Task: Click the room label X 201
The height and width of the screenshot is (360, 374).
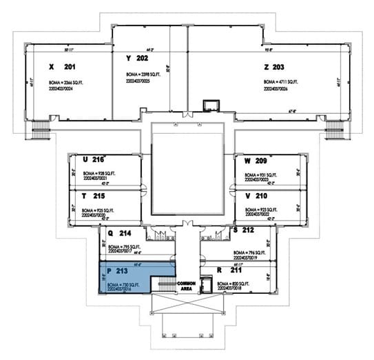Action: coord(61,67)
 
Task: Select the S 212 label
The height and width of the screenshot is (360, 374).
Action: coord(245,229)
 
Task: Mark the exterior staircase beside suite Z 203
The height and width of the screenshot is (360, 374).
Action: coord(334,129)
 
